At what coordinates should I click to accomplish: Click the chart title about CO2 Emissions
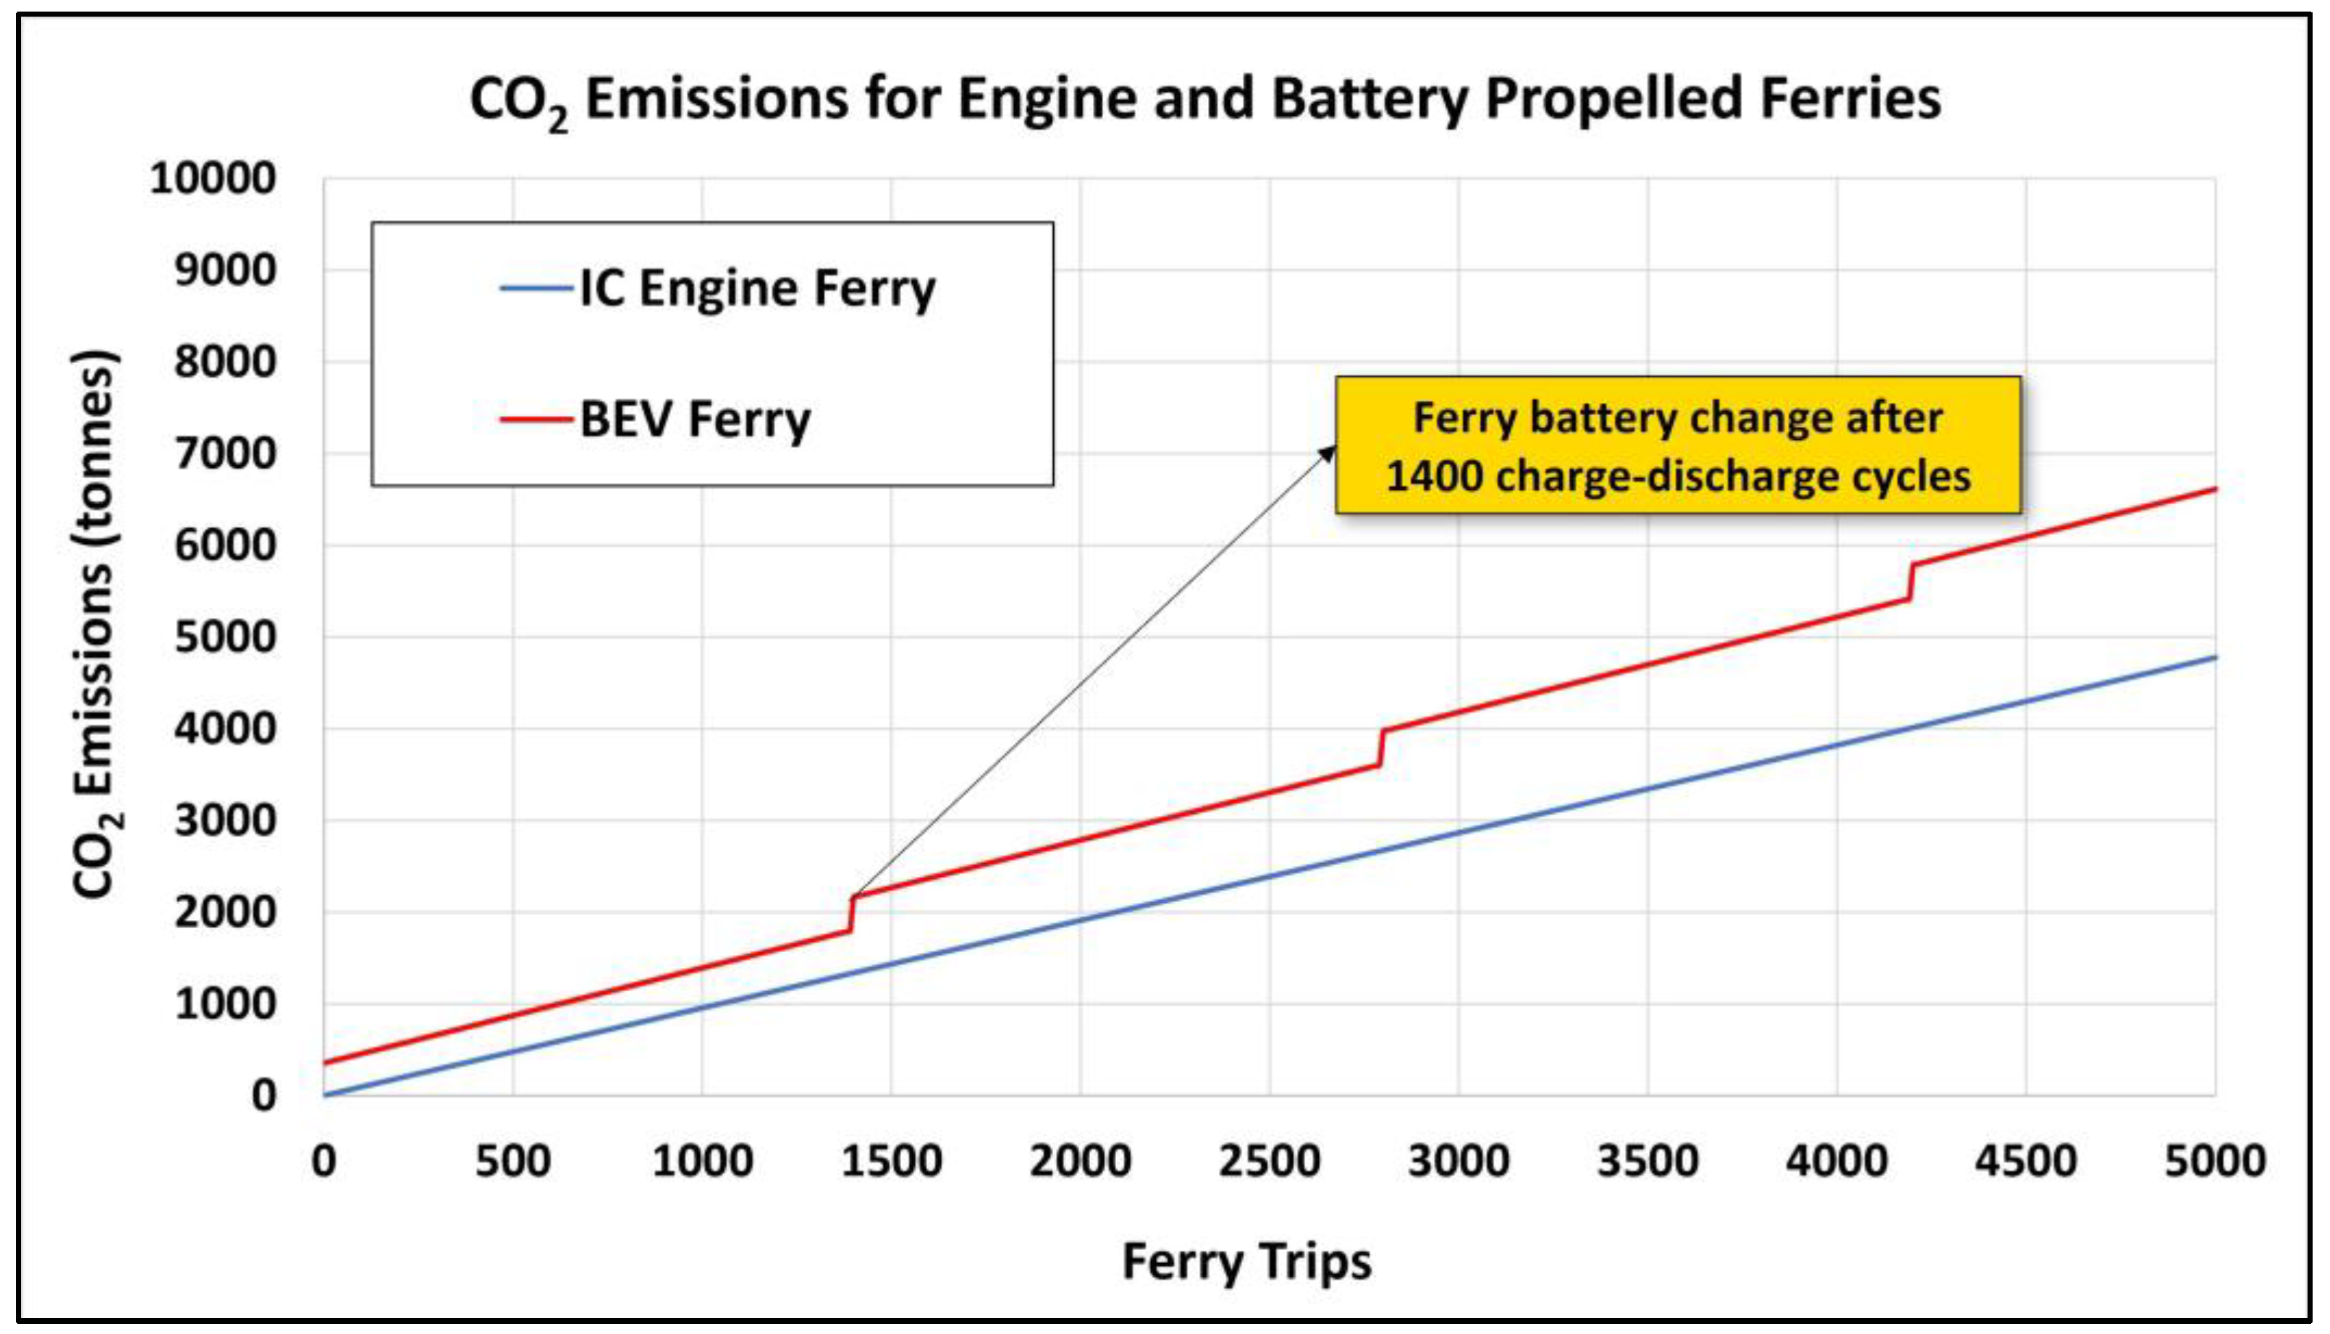click(1204, 99)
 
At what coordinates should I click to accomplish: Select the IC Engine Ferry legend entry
click(719, 289)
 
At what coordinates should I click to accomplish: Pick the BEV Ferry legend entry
click(655, 420)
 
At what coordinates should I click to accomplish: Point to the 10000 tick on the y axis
click(213, 178)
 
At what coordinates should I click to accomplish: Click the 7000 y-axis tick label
click(224, 454)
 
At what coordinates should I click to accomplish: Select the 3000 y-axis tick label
click(224, 820)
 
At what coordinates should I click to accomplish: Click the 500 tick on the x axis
click(513, 1161)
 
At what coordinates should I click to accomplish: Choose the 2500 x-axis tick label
click(1270, 1161)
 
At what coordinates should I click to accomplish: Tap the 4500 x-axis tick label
click(2026, 1161)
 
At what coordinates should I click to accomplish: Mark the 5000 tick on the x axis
click(2216, 1161)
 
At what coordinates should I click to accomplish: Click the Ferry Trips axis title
click(1246, 1262)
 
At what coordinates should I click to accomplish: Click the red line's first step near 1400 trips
click(851, 914)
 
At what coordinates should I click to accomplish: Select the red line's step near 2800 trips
click(1380, 747)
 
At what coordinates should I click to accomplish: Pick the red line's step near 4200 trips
click(1910, 582)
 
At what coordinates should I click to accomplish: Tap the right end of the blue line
click(2216, 657)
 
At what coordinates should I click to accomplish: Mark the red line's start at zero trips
click(324, 1063)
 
